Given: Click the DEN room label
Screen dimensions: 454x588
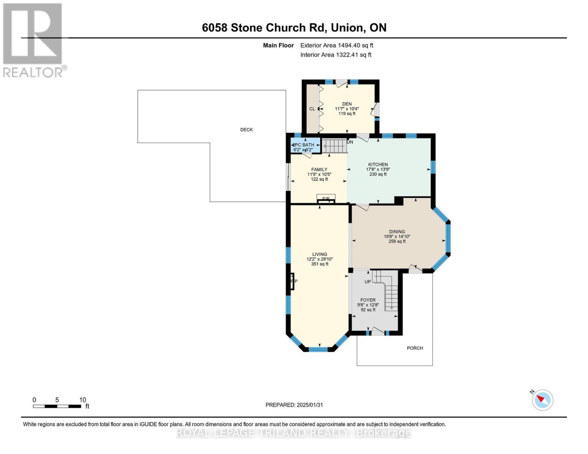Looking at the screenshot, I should tap(347, 104).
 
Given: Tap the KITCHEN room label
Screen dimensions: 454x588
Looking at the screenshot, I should tap(378, 165).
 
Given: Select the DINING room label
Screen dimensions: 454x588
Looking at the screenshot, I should tap(397, 232).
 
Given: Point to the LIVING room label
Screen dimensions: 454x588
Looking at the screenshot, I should tap(320, 255).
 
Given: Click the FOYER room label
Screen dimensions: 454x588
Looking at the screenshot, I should tap(368, 300).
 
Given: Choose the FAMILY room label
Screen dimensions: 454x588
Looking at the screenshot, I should tap(319, 169).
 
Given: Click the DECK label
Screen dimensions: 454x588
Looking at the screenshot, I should tap(246, 130).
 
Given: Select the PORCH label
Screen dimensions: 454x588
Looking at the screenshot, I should tap(415, 348).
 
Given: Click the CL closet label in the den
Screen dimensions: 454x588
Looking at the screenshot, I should tap(312, 109).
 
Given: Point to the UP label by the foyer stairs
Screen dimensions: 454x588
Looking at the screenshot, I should tap(367, 282).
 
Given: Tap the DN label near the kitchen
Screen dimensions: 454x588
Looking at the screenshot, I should tap(350, 142).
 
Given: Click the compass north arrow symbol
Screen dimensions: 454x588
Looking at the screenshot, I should tap(542, 400).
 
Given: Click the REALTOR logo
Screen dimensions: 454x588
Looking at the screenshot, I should tap(33, 40).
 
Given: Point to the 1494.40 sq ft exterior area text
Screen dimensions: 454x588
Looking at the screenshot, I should tap(337, 45).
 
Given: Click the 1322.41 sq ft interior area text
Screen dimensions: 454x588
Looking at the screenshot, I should tap(335, 55).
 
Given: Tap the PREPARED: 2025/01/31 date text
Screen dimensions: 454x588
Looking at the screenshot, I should tap(294, 405).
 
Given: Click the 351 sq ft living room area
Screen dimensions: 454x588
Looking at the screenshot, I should tap(320, 264).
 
